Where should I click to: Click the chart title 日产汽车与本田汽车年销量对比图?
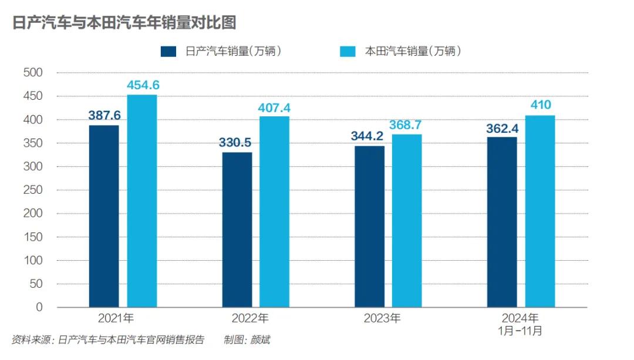click(x=124, y=22)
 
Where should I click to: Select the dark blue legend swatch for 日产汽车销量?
click(x=168, y=52)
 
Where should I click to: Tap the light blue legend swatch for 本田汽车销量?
click(x=348, y=52)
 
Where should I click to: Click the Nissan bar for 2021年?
click(x=104, y=216)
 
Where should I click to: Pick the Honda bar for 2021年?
click(x=142, y=201)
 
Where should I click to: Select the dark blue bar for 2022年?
click(x=237, y=230)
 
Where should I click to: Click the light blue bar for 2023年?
click(x=407, y=221)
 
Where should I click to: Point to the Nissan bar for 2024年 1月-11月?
click(x=502, y=222)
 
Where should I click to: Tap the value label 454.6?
click(x=143, y=85)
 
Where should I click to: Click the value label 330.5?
click(x=236, y=143)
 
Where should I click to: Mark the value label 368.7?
click(x=407, y=125)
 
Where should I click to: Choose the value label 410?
click(x=540, y=106)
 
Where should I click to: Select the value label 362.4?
click(x=502, y=128)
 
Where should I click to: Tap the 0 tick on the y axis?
click(x=39, y=307)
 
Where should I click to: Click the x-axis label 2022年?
click(x=250, y=318)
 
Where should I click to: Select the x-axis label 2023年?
click(x=382, y=318)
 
